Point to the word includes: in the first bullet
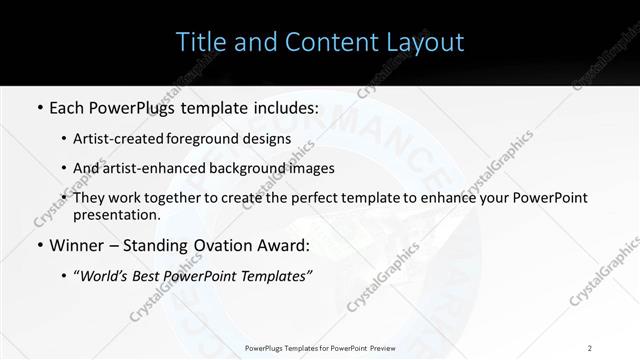coord(283,108)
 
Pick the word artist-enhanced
coord(177,168)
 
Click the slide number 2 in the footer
coord(590,347)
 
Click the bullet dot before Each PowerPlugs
coord(38,108)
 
